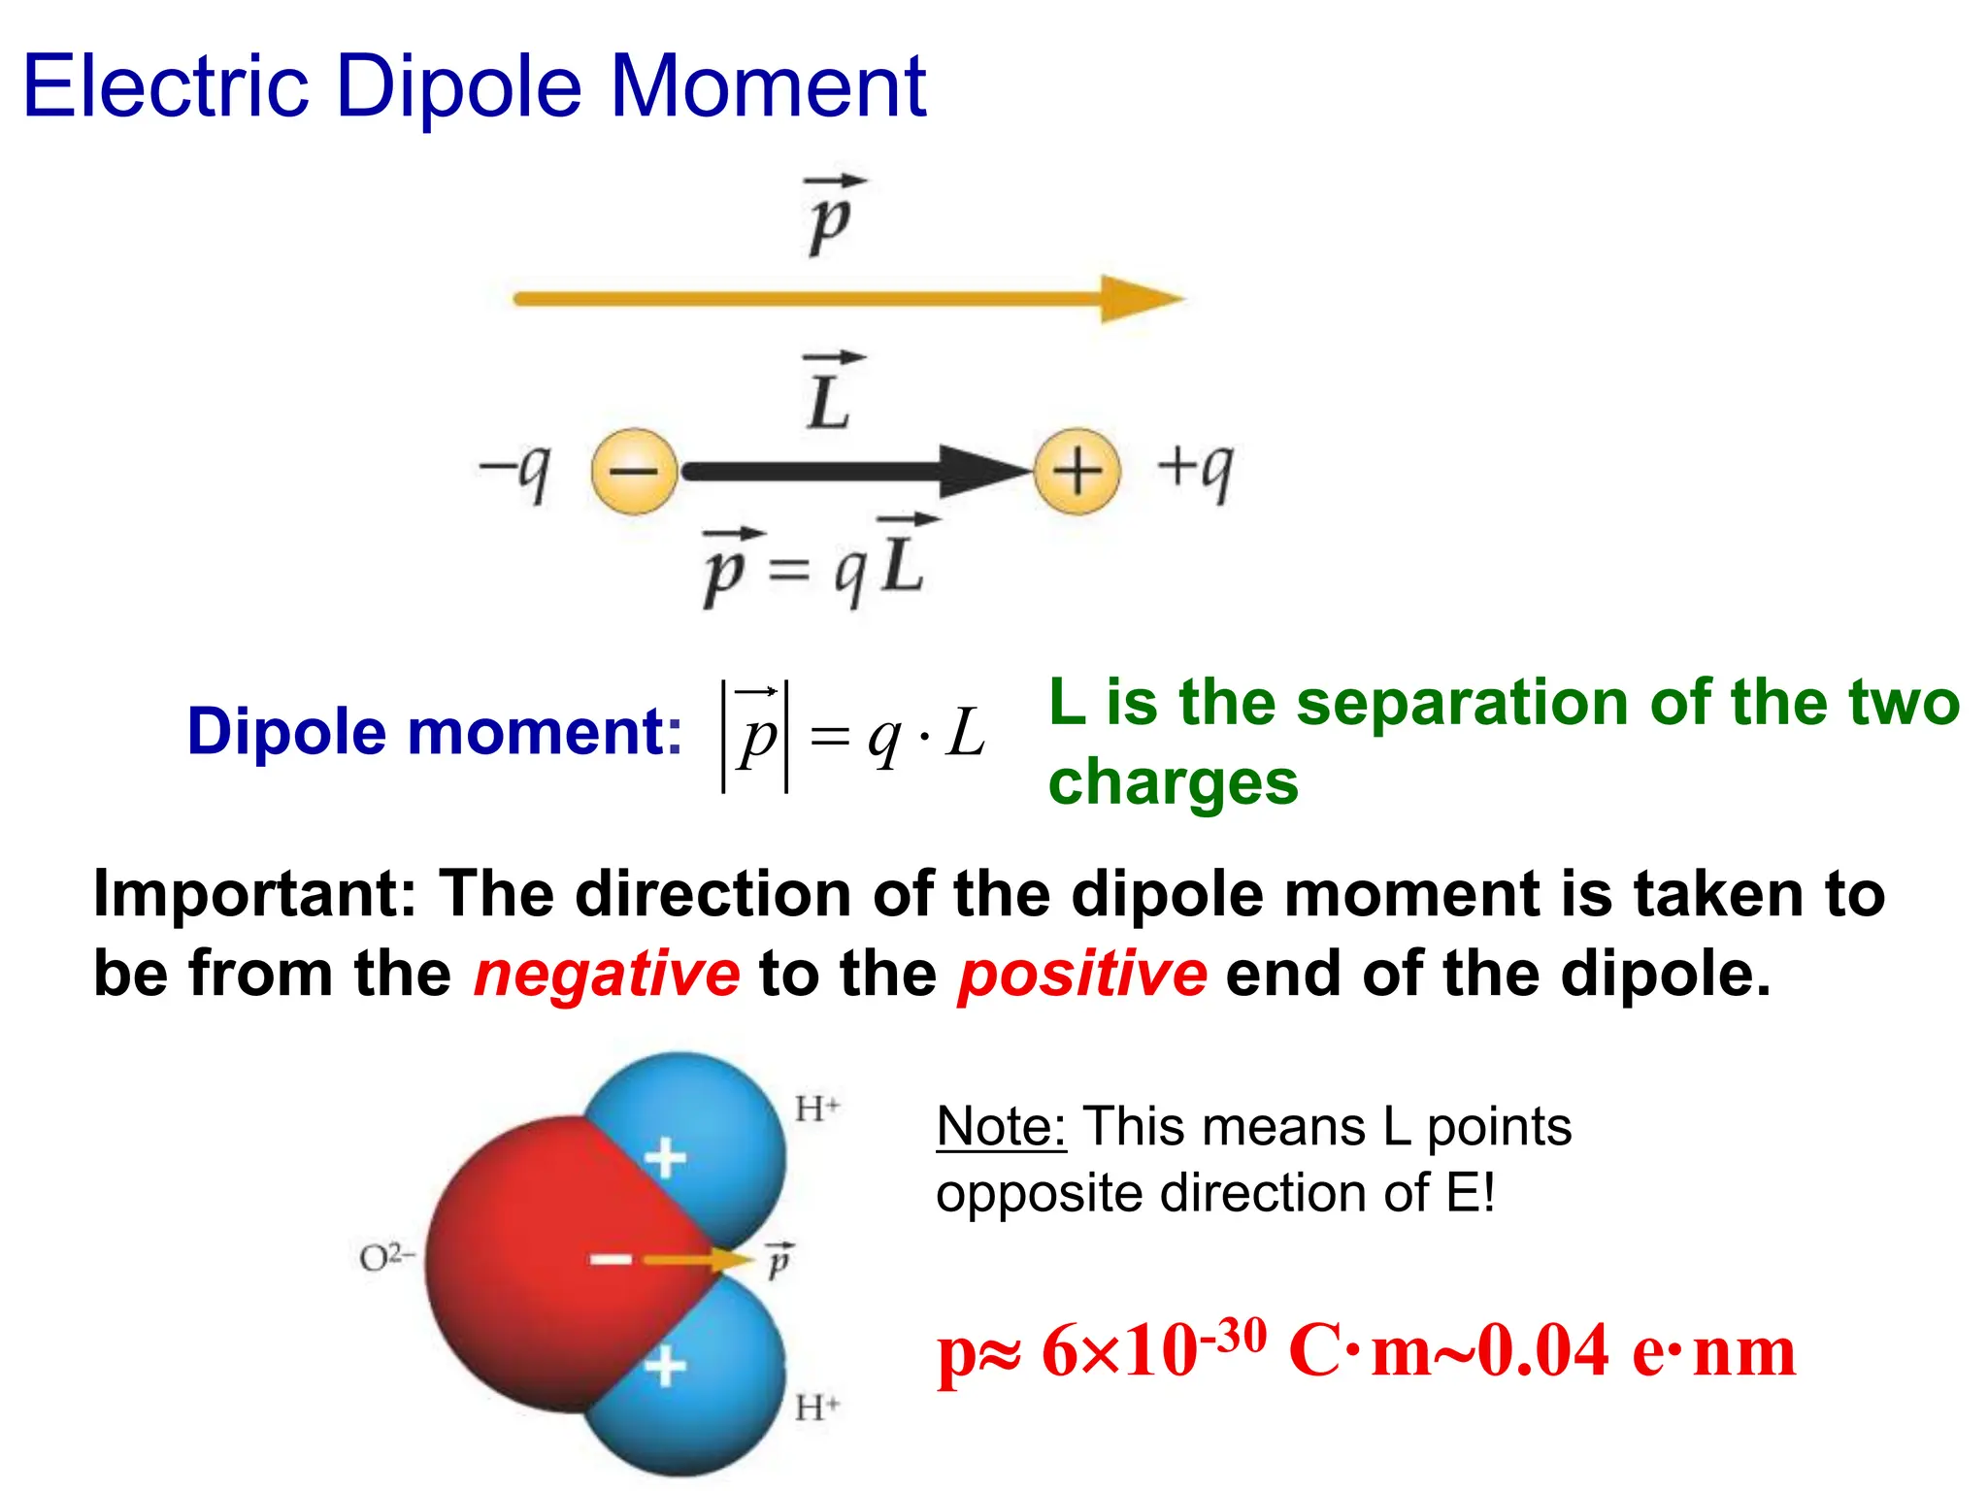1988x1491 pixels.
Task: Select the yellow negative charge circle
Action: point(634,472)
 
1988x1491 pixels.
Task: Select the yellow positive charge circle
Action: point(1077,472)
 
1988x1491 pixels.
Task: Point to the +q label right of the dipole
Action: point(1195,469)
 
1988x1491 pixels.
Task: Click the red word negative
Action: point(607,974)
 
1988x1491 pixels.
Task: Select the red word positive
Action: point(1082,974)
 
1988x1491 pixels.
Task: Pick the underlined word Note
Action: point(1001,1127)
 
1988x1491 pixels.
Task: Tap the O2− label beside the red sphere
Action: point(386,1258)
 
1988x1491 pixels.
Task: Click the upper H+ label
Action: point(816,1109)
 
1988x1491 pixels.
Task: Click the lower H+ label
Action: point(816,1407)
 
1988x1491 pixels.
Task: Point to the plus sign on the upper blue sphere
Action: point(666,1158)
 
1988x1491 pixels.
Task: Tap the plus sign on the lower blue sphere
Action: point(666,1367)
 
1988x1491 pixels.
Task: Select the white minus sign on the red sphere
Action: point(612,1260)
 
